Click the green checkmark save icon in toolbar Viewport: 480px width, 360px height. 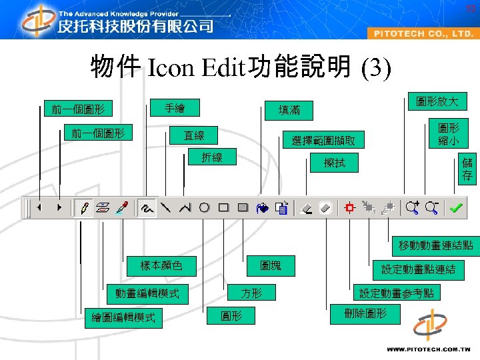pyautogui.click(x=456, y=208)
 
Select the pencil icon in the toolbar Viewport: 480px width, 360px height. pyautogui.click(x=84, y=208)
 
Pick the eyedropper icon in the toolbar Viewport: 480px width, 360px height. pyautogui.click(x=122, y=208)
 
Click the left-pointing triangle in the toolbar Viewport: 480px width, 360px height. pyautogui.click(x=39, y=208)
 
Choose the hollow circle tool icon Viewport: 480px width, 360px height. pyautogui.click(x=205, y=208)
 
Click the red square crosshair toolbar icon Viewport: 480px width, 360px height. pyautogui.click(x=349, y=208)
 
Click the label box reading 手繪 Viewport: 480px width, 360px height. pyautogui.click(x=175, y=107)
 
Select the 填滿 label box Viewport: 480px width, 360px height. pyautogui.click(x=289, y=110)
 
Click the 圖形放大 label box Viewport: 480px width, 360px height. pyautogui.click(x=437, y=101)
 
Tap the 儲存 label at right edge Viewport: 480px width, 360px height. pyautogui.click(x=467, y=169)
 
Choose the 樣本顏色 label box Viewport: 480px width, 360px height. pyautogui.click(x=161, y=265)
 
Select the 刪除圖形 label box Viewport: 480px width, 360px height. pyautogui.click(x=365, y=313)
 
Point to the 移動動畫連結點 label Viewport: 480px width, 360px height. pyautogui.click(x=435, y=245)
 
